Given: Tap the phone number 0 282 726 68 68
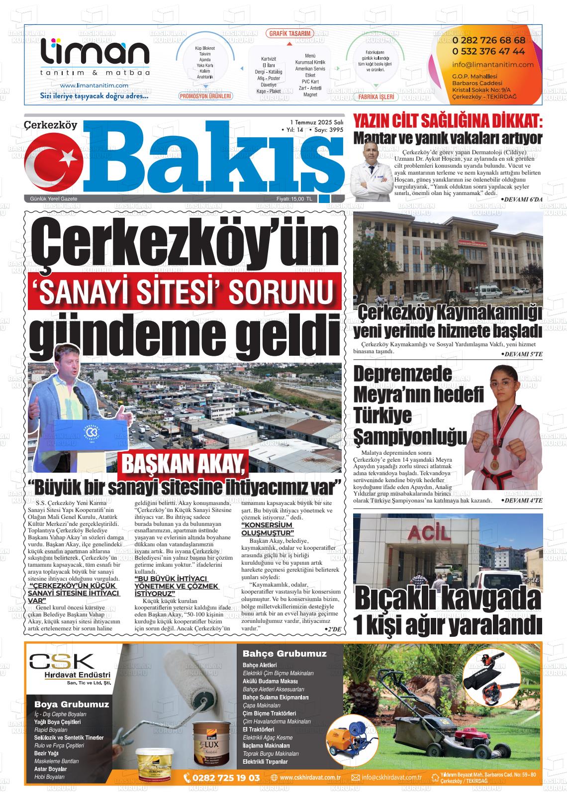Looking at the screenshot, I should pyautogui.click(x=488, y=40).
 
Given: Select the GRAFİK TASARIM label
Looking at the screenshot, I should pyautogui.click(x=290, y=34).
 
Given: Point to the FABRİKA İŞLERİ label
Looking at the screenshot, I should pyautogui.click(x=376, y=97).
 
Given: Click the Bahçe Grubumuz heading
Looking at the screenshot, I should pyautogui.click(x=284, y=653).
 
